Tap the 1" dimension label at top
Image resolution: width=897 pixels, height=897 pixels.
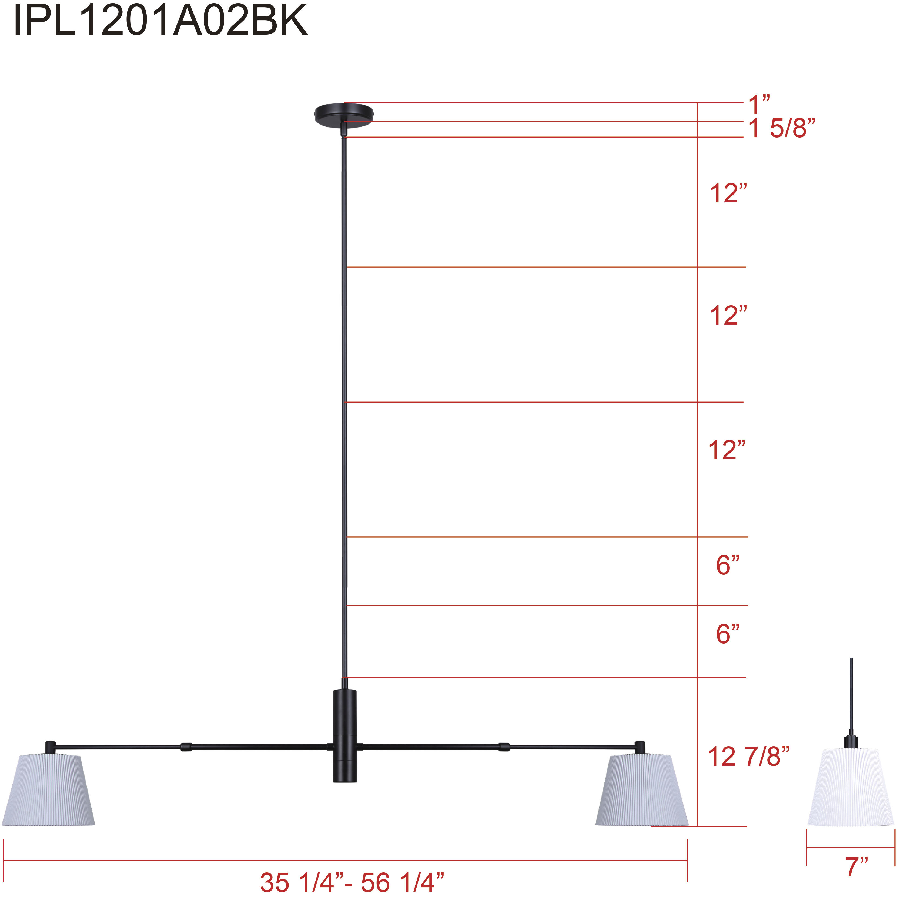click(x=759, y=105)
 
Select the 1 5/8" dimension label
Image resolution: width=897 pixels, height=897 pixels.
click(x=781, y=128)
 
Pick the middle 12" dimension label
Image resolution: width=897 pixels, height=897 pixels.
click(x=728, y=316)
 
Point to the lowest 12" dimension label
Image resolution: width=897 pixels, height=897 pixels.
click(x=727, y=450)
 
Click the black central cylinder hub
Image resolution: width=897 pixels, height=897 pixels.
click(x=344, y=736)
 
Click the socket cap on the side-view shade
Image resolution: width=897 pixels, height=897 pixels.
click(x=851, y=741)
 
